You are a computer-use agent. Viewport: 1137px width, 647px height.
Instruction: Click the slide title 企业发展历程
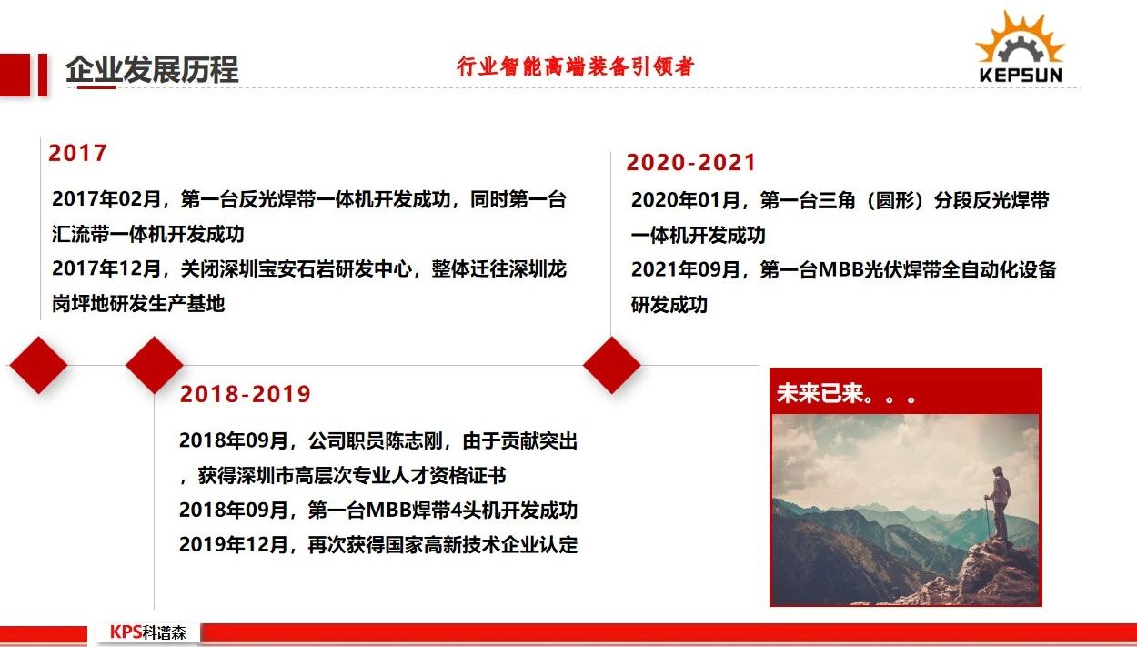[152, 69]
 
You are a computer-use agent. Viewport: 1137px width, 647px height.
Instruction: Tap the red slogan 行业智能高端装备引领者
[575, 66]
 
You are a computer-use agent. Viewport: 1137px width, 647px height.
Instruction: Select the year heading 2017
[77, 153]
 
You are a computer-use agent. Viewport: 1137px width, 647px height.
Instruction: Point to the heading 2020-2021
[690, 163]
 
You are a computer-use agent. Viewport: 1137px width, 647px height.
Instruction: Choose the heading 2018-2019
[245, 394]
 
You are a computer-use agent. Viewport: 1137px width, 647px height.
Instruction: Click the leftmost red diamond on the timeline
[38, 365]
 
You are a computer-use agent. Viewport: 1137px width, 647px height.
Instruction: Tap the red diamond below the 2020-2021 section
[611, 365]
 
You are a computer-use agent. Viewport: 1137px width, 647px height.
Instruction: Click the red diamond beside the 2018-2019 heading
[155, 365]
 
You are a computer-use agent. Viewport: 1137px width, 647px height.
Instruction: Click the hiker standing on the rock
[999, 503]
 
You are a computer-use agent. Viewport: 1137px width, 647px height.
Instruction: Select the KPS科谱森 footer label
[147, 632]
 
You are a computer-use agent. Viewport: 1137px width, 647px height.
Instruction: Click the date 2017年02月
[106, 199]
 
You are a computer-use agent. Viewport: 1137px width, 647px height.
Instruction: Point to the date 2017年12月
[106, 268]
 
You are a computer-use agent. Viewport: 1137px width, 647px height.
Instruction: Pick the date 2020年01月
[685, 200]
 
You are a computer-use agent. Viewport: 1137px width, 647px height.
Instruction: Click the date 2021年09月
[685, 269]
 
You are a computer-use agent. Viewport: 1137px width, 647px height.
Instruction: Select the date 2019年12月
[234, 545]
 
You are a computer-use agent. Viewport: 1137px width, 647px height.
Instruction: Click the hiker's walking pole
[987, 517]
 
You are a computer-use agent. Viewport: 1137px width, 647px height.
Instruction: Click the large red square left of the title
[15, 75]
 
